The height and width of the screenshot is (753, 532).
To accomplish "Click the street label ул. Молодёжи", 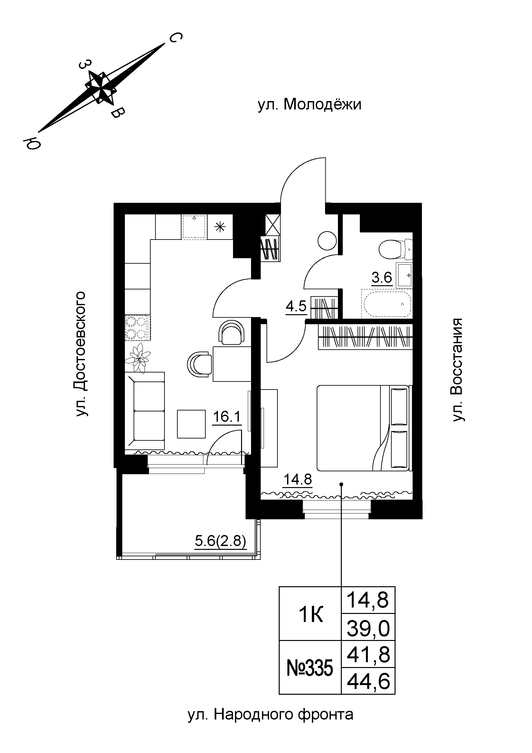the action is click(309, 105).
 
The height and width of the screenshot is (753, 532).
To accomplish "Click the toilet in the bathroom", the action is click(395, 249).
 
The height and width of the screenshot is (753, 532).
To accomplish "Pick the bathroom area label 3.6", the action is click(382, 278).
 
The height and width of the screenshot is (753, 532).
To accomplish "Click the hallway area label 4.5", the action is click(296, 306).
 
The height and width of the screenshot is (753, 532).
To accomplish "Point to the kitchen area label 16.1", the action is click(227, 417).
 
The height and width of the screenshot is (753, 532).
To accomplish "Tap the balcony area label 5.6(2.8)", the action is click(220, 541).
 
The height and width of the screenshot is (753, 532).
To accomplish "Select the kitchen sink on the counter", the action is click(194, 226).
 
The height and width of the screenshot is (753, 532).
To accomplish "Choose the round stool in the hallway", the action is click(327, 241).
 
